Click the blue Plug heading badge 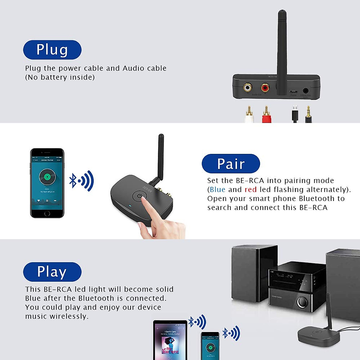[52, 50]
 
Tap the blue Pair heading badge [231, 164]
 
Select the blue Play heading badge [52, 272]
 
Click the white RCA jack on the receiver [247, 88]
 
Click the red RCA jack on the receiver [265, 88]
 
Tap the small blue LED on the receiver [130, 206]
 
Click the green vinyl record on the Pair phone [47, 177]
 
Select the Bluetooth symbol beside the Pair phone [73, 181]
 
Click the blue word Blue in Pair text [217, 190]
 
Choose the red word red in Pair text [250, 190]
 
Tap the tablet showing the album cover [170, 340]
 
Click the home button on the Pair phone [47, 214]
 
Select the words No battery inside [60, 77]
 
